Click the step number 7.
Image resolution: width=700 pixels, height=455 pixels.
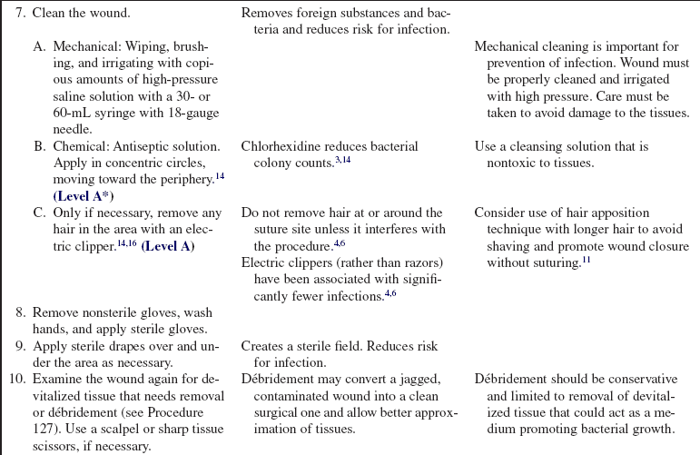pyautogui.click(x=20, y=14)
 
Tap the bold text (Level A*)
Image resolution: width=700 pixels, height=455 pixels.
pyautogui.click(x=84, y=195)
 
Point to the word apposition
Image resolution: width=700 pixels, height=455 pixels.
pyautogui.click(x=617, y=213)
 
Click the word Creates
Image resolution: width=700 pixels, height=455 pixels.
pyautogui.click(x=263, y=346)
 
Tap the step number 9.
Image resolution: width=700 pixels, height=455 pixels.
pyautogui.click(x=20, y=346)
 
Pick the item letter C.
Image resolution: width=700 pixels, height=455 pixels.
pyautogui.click(x=39, y=213)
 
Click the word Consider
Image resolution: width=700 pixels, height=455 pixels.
pyautogui.click(x=501, y=213)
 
